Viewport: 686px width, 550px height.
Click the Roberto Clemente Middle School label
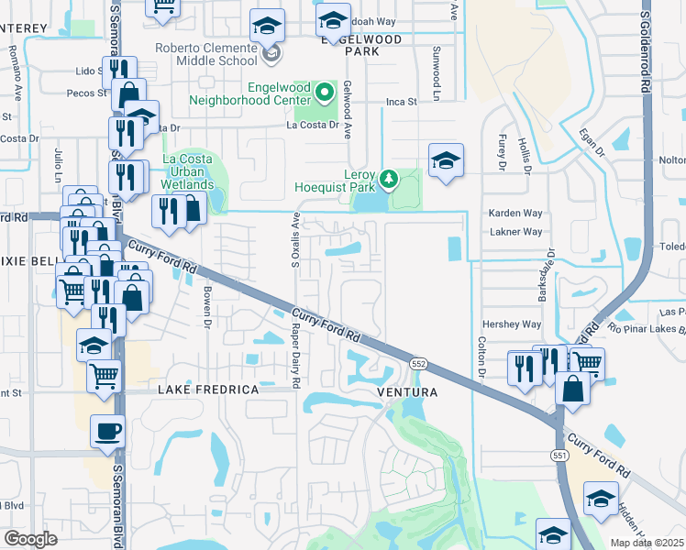[206, 55]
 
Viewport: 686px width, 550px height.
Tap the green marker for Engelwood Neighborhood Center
[325, 92]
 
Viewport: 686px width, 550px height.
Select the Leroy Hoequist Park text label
[336, 179]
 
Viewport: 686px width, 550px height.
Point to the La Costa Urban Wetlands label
[188, 171]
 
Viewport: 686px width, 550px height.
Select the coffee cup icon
[107, 430]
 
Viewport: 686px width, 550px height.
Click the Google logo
[30, 539]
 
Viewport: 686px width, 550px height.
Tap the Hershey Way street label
[513, 324]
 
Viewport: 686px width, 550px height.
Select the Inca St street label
[401, 102]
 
